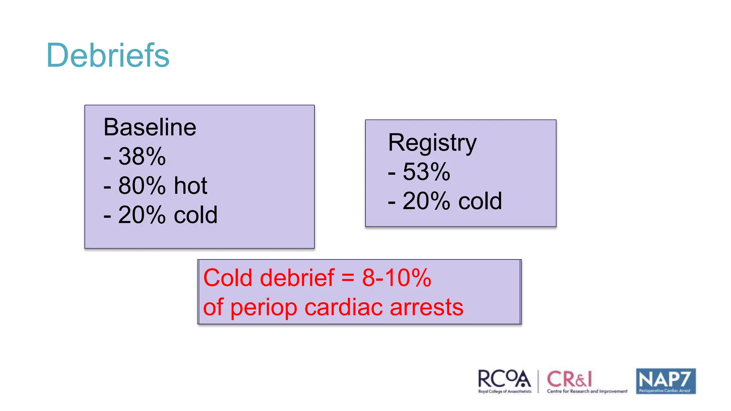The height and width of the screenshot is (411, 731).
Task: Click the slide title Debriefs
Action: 108,55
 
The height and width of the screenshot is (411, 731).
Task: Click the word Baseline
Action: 150,127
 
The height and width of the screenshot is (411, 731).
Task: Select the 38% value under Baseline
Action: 142,157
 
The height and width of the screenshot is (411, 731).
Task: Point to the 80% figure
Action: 142,186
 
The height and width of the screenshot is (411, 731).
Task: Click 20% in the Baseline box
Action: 142,215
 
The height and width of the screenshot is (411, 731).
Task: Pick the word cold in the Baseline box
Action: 196,215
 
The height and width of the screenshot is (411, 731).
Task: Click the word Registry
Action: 432,143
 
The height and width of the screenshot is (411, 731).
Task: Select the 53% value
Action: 426,172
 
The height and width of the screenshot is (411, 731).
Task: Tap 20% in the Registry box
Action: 426,201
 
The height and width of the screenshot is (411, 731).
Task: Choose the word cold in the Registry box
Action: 480,201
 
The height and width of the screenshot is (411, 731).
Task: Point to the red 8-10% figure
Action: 397,278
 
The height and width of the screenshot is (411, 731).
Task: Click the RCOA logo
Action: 504,381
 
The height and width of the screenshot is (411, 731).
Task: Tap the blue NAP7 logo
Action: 666,381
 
